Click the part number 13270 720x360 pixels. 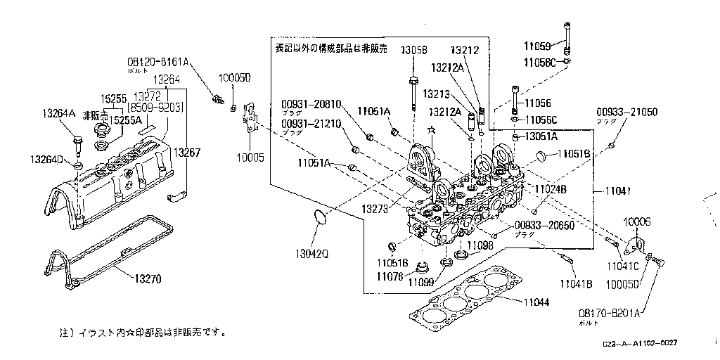[148, 278]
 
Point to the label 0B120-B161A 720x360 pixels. [158, 61]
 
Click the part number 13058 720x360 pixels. [414, 51]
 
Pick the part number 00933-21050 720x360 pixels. [627, 112]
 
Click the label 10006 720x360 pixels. [637, 221]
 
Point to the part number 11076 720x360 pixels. [390, 276]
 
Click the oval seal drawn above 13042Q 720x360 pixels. [319, 219]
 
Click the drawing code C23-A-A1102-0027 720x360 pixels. [639, 342]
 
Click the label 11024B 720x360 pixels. [551, 190]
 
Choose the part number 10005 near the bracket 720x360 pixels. [252, 157]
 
